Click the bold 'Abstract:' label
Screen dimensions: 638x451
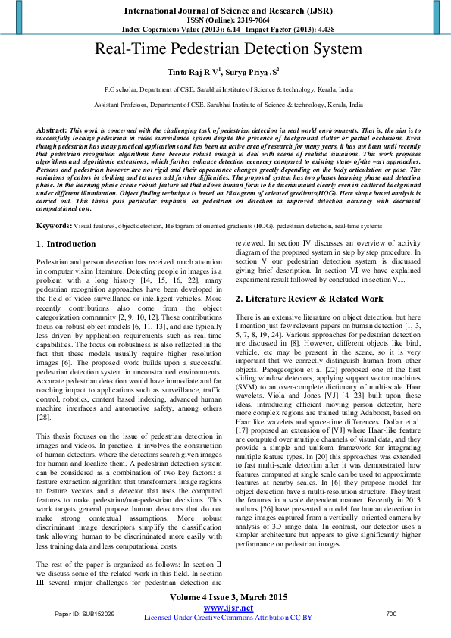(x=52, y=131)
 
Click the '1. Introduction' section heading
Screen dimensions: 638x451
(x=67, y=224)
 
